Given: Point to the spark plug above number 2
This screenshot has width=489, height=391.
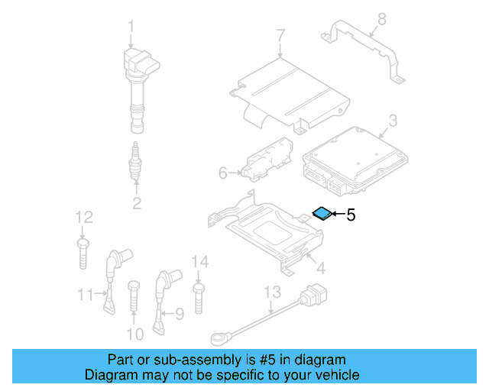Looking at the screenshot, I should coord(136,161).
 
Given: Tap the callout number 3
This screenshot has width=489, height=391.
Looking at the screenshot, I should coord(392,120).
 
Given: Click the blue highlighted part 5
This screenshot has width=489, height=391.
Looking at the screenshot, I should coord(323,213).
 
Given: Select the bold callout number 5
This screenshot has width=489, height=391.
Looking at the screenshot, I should coord(351,215).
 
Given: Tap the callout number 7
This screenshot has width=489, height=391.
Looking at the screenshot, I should coord(280,34).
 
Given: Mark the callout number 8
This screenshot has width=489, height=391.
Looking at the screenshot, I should coord(382,18).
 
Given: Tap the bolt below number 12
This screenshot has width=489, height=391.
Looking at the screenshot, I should coord(83,253).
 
